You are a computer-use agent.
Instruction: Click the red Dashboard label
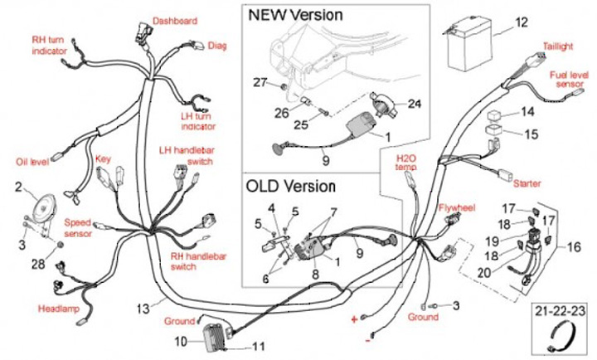[175, 21]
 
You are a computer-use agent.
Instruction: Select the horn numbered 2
[44, 208]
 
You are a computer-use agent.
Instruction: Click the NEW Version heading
[295, 15]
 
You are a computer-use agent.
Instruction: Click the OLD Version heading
[290, 187]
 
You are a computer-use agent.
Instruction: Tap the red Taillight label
[558, 46]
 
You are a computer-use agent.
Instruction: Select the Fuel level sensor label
[569, 80]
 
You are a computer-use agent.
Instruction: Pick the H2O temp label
[405, 163]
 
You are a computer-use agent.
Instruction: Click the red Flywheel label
[457, 207]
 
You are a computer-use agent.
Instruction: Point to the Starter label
[527, 183]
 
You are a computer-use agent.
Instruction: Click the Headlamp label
[58, 309]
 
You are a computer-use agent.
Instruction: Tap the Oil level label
[32, 162]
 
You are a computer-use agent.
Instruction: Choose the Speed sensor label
[78, 228]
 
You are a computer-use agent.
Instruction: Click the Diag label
[217, 46]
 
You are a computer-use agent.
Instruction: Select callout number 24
[415, 104]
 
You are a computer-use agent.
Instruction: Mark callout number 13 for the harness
[143, 309]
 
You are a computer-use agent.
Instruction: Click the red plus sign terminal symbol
[354, 319]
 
